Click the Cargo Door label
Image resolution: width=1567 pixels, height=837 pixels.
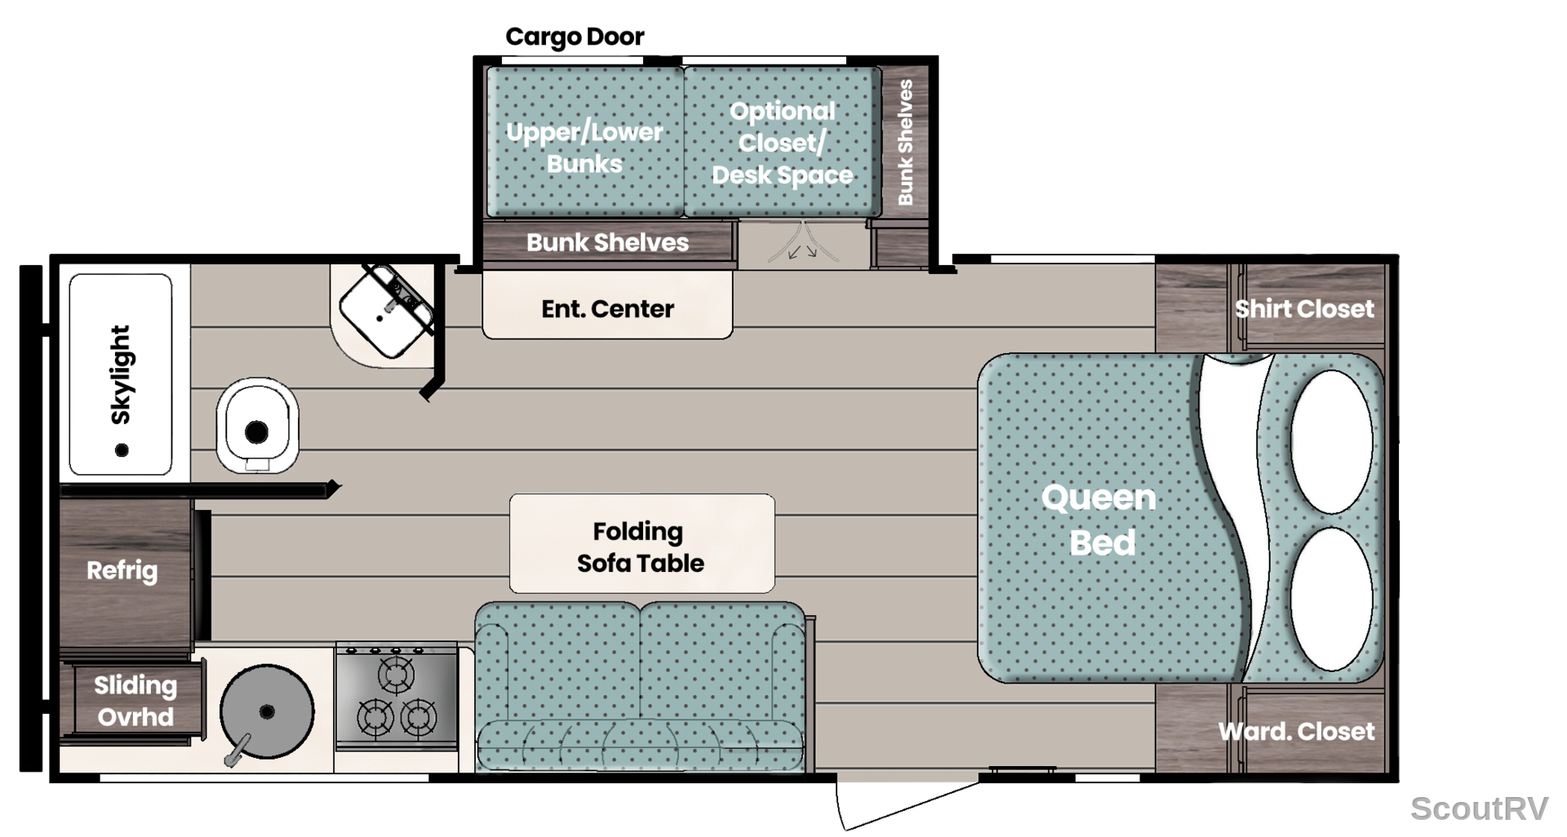tap(575, 37)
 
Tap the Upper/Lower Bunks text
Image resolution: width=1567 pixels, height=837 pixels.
tap(584, 148)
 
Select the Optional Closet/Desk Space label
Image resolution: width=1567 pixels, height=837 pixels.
tap(782, 143)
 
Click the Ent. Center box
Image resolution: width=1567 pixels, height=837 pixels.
tap(608, 305)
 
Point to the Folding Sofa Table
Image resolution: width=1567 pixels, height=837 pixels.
tap(641, 543)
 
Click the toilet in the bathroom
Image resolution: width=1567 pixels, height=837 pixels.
tap(257, 425)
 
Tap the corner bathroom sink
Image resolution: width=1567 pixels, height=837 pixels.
tap(385, 312)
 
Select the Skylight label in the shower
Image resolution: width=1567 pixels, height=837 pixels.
tap(120, 374)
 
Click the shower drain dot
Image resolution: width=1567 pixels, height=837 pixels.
tap(122, 449)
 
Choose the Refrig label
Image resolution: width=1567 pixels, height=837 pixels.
tap(122, 570)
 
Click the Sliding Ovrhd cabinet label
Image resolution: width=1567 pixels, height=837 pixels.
tap(135, 701)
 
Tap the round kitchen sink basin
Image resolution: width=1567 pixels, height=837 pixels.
tap(267, 711)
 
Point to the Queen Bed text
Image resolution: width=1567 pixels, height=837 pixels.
tap(1099, 520)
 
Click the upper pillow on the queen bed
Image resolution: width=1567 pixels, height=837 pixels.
tap(1331, 441)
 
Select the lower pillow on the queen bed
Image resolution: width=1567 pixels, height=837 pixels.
tap(1331, 598)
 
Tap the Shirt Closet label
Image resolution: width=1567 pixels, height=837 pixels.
tap(1304, 308)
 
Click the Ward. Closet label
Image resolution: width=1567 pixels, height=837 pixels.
tap(1297, 731)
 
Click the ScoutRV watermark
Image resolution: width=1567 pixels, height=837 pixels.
tap(1479, 808)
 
